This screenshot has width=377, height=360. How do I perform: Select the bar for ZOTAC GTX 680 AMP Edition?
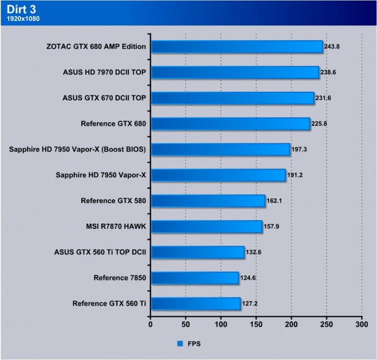[x=236, y=46]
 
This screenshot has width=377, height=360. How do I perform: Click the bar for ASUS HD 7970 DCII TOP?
[x=234, y=72]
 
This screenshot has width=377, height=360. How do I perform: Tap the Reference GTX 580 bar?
[x=208, y=201]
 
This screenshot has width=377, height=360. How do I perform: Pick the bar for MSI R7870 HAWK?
[x=206, y=226]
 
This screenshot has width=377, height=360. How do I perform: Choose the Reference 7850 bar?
[x=194, y=278]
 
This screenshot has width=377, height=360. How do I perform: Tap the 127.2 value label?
[x=250, y=303]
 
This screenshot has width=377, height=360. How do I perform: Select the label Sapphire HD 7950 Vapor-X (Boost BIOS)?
[x=78, y=149]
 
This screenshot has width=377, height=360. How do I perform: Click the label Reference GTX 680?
[x=113, y=124]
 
